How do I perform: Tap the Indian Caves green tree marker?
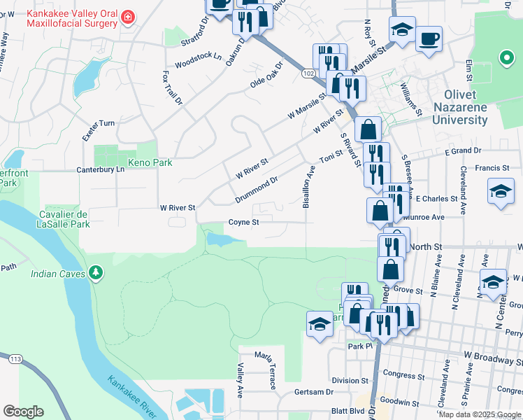[x=97, y=272]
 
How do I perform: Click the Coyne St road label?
[x=244, y=223]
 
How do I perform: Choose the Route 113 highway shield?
[x=14, y=360]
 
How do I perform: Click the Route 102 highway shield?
[x=309, y=73]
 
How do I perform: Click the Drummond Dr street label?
[x=257, y=190]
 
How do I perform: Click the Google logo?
[x=23, y=412]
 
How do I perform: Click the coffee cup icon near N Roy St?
[x=429, y=37]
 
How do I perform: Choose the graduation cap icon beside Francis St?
[x=501, y=191]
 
